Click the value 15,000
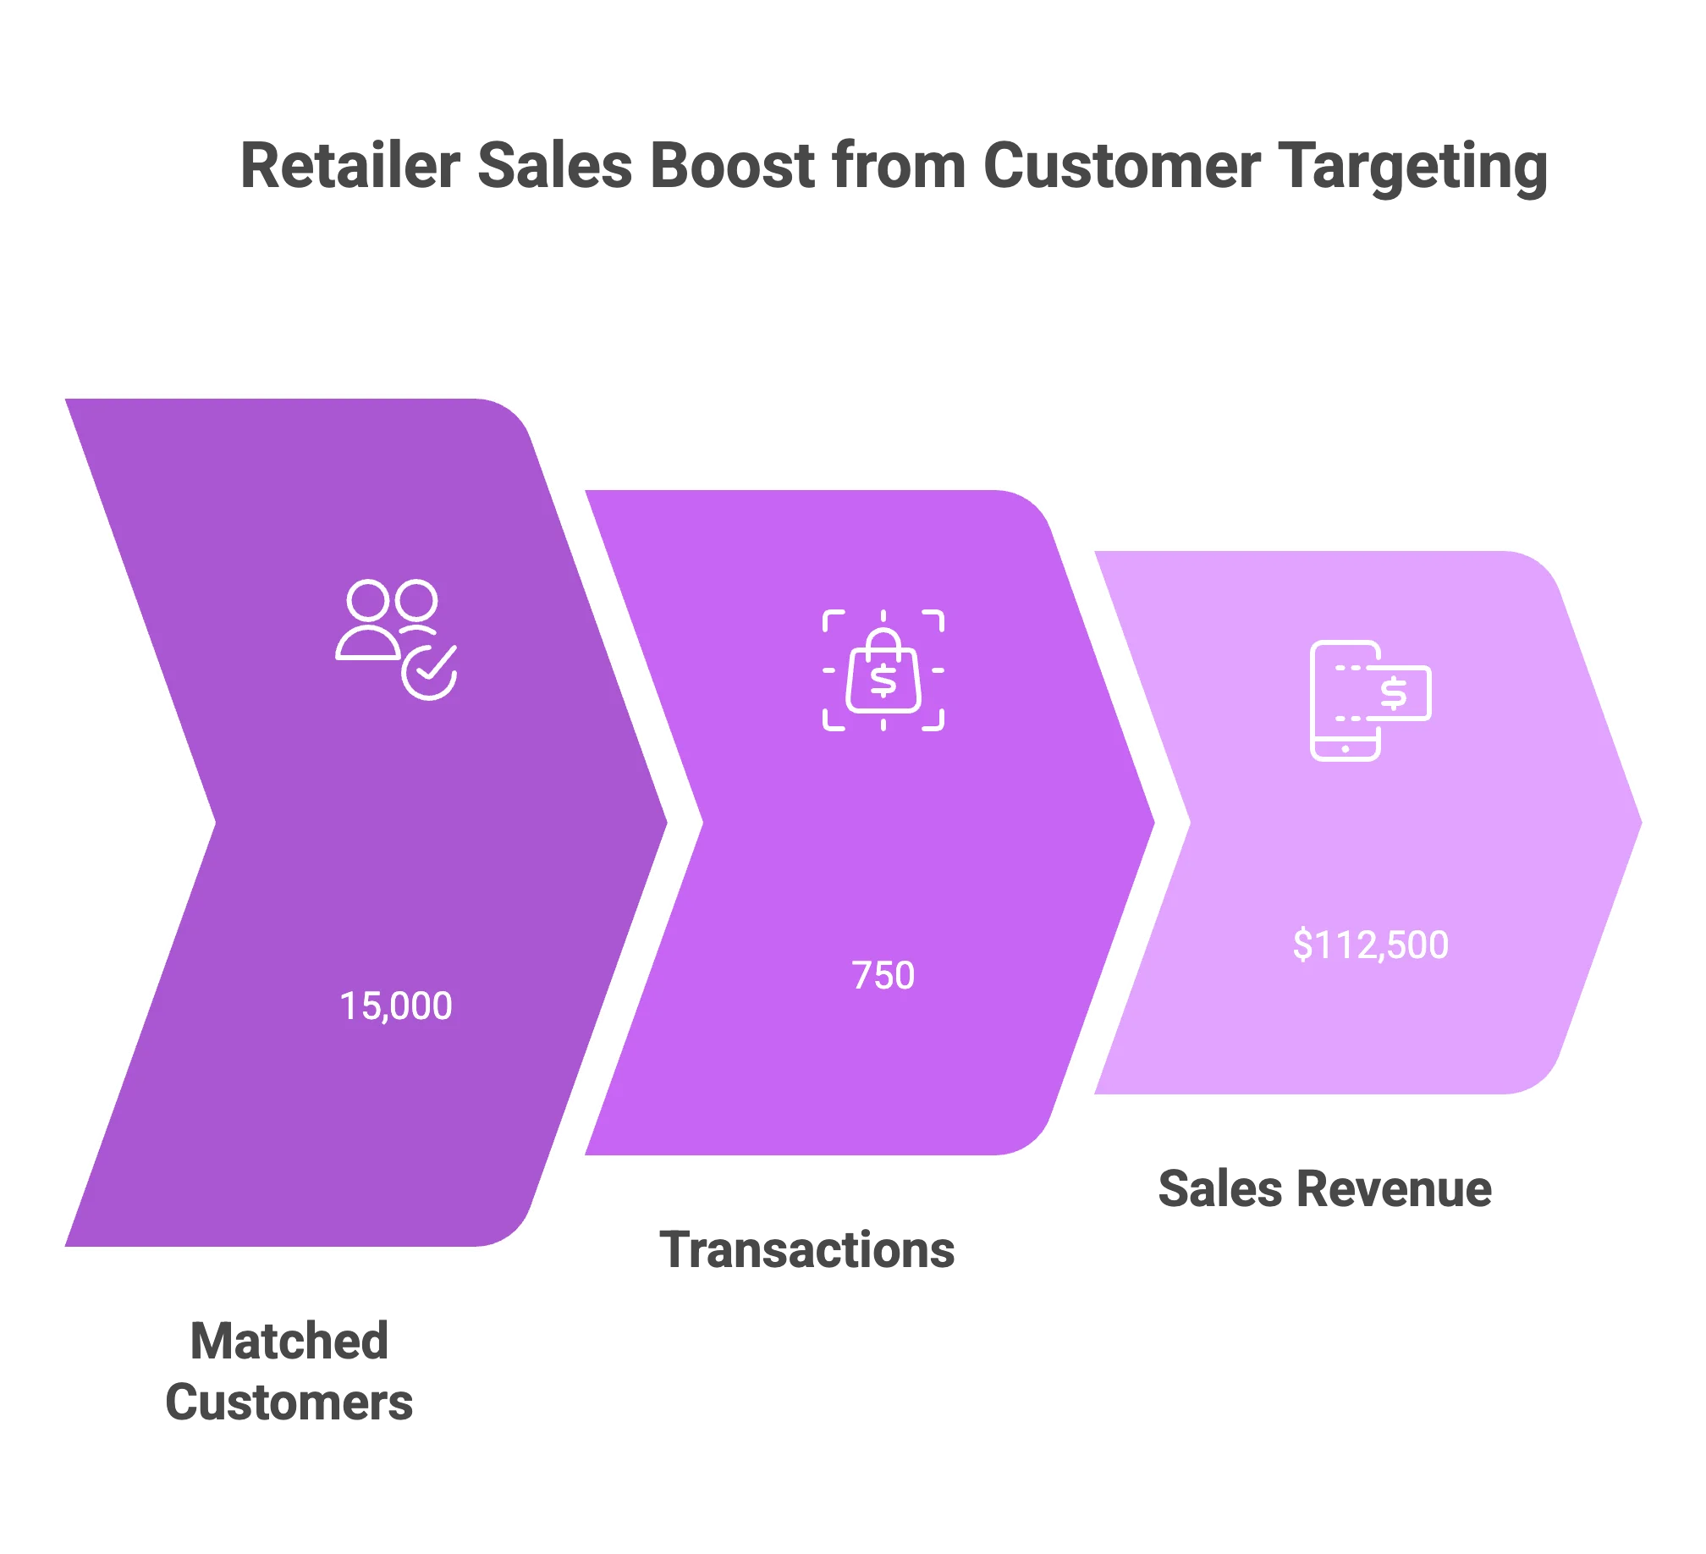(x=395, y=1006)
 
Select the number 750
(x=883, y=975)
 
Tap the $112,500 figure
(x=1370, y=945)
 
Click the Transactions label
(x=810, y=1252)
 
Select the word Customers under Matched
(x=288, y=1402)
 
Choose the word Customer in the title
(x=1122, y=164)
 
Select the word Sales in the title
(x=553, y=164)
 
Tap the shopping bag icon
(x=883, y=670)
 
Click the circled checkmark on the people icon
(x=429, y=673)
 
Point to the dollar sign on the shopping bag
(x=883, y=681)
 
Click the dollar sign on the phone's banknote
(x=1394, y=693)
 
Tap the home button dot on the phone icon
(x=1346, y=749)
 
